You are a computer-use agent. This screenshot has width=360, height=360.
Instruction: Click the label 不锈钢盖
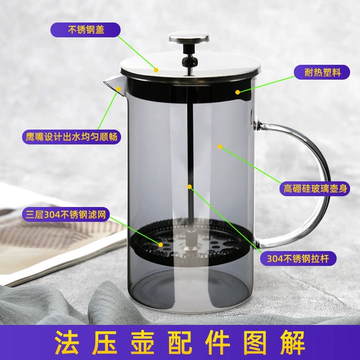click(85, 29)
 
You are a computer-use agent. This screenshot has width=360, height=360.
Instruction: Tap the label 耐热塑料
click(322, 73)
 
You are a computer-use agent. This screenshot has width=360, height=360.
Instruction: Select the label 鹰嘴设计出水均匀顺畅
click(71, 137)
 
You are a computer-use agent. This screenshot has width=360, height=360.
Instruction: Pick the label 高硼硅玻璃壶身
click(315, 189)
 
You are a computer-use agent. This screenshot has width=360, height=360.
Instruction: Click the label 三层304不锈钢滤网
click(65, 214)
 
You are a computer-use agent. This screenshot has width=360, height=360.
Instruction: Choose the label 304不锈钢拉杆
click(298, 259)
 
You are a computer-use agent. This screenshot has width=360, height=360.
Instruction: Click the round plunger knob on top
click(189, 38)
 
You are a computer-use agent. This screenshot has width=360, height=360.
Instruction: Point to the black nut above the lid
click(190, 61)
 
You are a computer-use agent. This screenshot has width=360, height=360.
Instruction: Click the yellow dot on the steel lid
click(156, 70)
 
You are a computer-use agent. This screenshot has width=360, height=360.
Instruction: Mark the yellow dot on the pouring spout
click(118, 89)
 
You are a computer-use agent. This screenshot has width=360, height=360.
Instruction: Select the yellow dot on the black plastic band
click(238, 92)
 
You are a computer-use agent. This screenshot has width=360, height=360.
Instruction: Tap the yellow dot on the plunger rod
click(190, 187)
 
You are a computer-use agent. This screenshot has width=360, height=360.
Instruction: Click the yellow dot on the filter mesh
click(160, 245)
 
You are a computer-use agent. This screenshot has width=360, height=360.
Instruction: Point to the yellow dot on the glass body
click(220, 147)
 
